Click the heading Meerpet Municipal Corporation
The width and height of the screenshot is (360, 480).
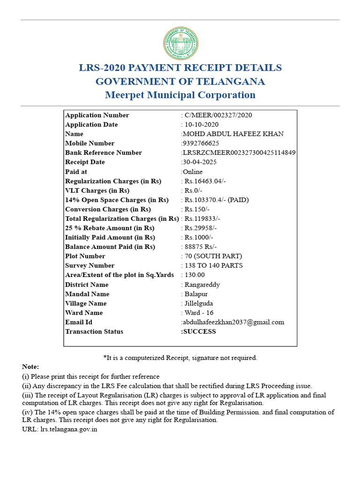pos(180,95)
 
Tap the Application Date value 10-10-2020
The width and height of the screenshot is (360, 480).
pos(202,125)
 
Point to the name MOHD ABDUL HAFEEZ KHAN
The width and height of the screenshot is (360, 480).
pos(233,134)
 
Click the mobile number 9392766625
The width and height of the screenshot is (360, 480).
pos(201,143)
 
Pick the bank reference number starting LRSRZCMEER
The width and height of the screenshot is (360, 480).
pos(239,153)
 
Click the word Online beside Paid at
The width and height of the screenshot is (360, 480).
pos(193,172)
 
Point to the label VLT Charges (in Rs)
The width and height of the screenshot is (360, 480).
pos(97,191)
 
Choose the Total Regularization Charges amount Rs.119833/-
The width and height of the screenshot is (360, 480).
pos(202,219)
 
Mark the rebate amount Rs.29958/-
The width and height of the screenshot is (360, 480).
pos(201,228)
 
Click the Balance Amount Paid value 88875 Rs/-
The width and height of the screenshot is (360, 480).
pos(201,247)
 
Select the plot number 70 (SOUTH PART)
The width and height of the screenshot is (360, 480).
pos(213,256)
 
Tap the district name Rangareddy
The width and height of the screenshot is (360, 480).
pos(202,285)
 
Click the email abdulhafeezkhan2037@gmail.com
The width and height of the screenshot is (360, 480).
pos(233,322)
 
